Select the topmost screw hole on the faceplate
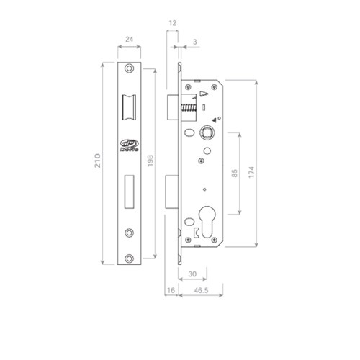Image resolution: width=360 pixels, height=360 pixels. (x=130, y=69)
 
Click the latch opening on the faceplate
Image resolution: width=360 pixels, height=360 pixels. (x=130, y=107)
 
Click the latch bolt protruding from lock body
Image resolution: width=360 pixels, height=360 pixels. (x=173, y=107)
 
